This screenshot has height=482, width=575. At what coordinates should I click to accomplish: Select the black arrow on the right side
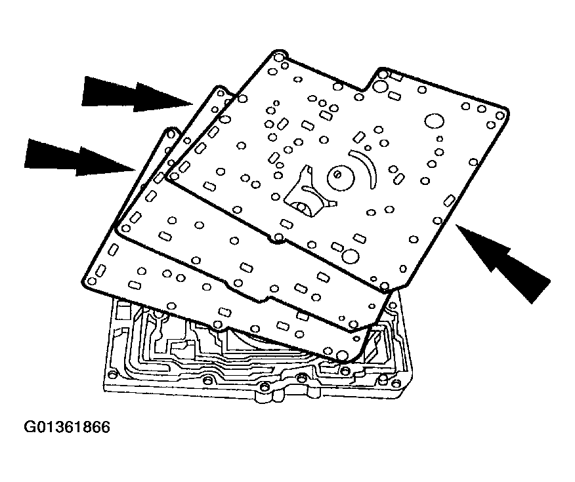[x=505, y=262]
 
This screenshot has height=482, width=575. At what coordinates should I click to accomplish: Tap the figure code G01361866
[x=67, y=428]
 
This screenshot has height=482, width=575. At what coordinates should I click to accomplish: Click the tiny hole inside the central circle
[x=336, y=174]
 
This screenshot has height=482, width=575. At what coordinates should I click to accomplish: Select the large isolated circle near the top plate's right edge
[x=434, y=122]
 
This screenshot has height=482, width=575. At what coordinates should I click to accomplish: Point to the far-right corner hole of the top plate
[x=501, y=115]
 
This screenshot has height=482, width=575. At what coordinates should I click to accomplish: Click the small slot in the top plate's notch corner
[x=397, y=77]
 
